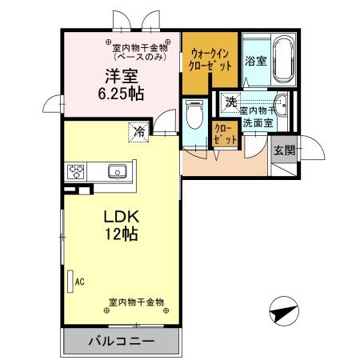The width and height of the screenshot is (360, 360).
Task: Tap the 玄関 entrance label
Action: click(284, 150)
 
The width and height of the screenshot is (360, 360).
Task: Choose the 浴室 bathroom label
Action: click(255, 61)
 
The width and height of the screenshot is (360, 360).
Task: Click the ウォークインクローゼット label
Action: click(211, 60)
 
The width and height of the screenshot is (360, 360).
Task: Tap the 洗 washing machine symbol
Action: click(231, 102)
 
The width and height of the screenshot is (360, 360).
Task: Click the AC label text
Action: click(79, 281)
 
